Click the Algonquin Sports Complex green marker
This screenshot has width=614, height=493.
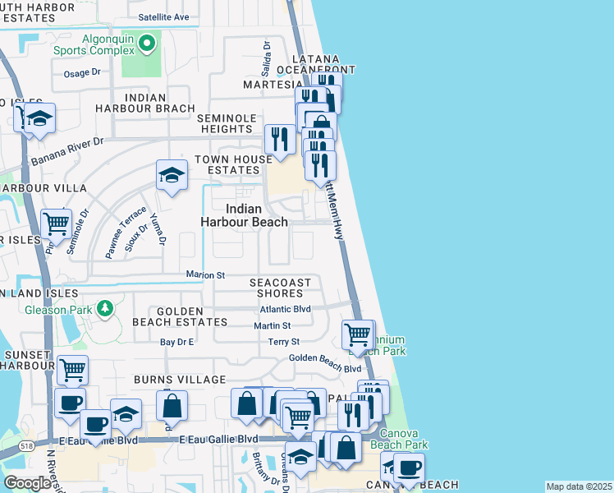(148, 44)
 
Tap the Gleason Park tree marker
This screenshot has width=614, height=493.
(104, 309)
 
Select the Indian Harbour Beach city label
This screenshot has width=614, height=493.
(245, 215)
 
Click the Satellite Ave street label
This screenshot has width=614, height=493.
(163, 16)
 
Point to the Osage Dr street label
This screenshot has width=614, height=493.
(81, 72)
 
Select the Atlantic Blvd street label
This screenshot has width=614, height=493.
(285, 309)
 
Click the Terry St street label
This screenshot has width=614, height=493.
(283, 342)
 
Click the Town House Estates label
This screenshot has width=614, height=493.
(232, 164)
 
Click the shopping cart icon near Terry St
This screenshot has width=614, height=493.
(357, 334)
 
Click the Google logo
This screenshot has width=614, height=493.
(28, 483)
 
